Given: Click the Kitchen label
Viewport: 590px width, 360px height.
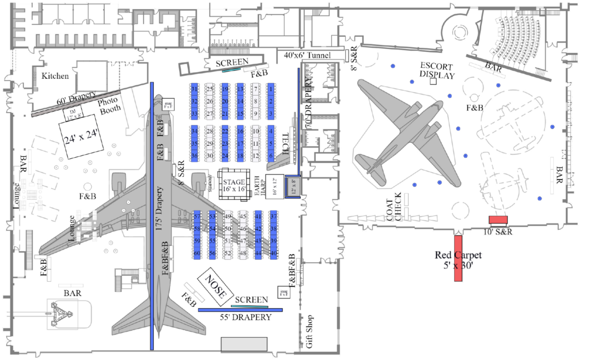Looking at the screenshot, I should pyautogui.click(x=55, y=76).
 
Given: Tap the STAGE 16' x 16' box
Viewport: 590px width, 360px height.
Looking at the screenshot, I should pyautogui.click(x=235, y=185).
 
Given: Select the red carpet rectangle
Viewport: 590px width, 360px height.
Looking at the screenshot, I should pyautogui.click(x=459, y=257).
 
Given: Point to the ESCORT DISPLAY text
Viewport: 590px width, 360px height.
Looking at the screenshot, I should pyautogui.click(x=437, y=70).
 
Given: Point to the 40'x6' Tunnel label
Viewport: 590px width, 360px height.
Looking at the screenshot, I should pyautogui.click(x=308, y=55).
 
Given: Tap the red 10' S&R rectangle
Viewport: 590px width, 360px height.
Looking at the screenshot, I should pyautogui.click(x=497, y=219).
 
